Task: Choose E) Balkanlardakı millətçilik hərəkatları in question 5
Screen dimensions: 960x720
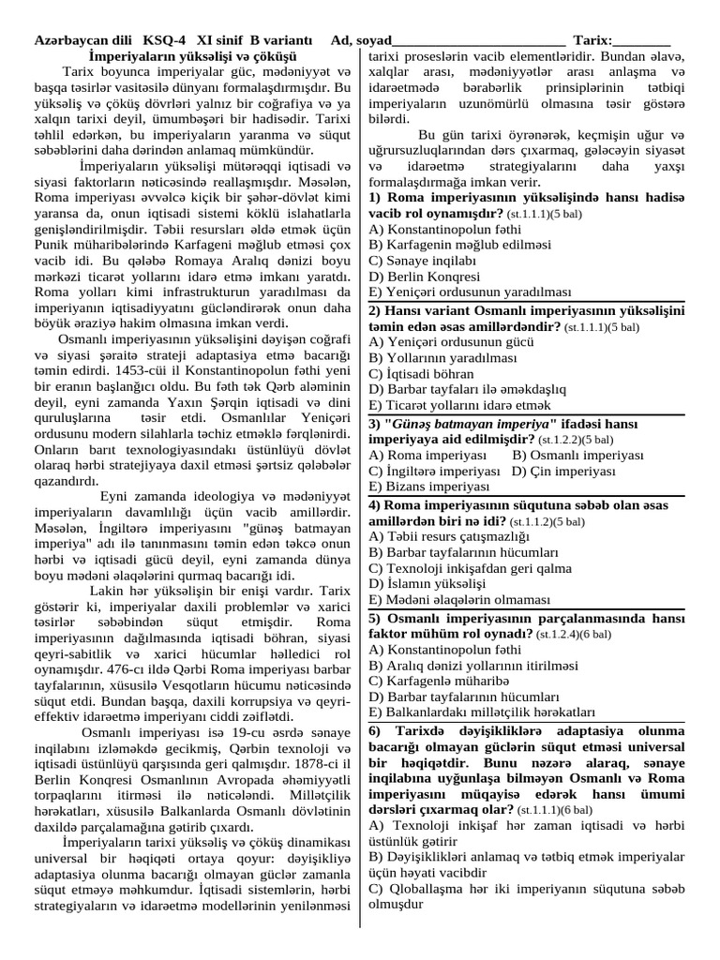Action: (x=483, y=712)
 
